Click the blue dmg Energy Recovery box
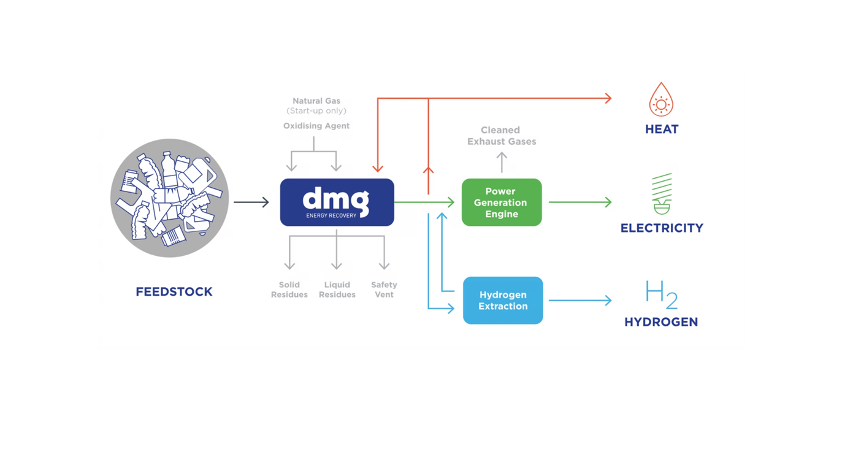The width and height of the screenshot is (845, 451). (337, 202)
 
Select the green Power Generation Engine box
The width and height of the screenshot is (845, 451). (502, 202)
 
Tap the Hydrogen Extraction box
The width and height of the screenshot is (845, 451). (503, 301)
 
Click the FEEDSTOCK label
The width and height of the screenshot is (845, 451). (174, 292)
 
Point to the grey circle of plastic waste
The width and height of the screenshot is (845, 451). (170, 198)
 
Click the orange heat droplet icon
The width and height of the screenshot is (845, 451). (661, 100)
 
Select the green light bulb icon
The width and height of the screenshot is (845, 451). (662, 193)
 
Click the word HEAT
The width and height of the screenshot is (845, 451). (662, 129)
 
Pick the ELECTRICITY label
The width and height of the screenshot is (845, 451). (662, 228)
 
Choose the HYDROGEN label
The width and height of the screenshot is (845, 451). (661, 322)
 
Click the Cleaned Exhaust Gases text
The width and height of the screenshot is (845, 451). (501, 136)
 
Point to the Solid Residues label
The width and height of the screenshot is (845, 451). (289, 290)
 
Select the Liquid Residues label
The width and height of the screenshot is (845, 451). (337, 290)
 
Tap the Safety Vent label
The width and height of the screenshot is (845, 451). (384, 290)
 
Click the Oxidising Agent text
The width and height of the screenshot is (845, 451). (316, 126)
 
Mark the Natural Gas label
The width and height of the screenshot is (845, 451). (316, 101)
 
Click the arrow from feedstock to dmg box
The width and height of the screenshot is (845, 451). (251, 202)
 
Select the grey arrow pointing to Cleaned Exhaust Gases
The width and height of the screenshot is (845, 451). (502, 162)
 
